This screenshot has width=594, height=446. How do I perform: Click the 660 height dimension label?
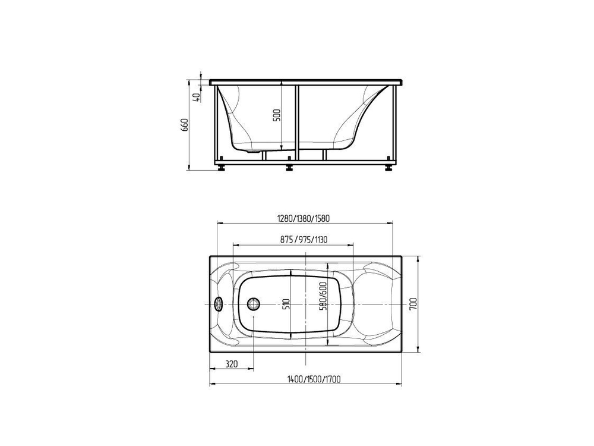[185, 125]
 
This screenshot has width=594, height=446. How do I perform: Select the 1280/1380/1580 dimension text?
[304, 218]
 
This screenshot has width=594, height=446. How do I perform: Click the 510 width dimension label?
[286, 304]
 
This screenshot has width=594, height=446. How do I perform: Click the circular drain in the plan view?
[254, 304]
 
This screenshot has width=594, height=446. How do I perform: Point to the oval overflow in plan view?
[218, 304]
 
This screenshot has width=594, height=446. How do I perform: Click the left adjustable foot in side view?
[222, 167]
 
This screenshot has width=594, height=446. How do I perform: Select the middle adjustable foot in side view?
[289, 167]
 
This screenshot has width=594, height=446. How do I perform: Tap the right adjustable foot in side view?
[389, 167]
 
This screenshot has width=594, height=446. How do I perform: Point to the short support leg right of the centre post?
[324, 155]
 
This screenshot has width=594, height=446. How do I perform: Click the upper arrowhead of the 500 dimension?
[282, 84]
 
